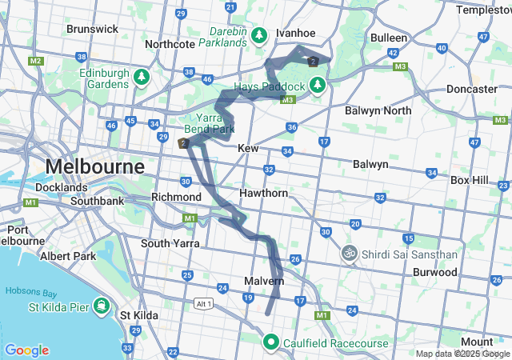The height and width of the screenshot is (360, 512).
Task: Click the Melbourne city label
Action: [94, 166]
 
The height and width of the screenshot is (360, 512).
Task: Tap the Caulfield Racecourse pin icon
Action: [271, 343]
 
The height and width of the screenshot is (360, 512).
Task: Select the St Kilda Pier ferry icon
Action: [102, 306]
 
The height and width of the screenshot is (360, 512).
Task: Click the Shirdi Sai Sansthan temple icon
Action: [349, 254]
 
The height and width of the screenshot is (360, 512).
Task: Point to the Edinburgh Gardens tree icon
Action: [142, 77]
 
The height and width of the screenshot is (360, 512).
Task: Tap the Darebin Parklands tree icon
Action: [258, 35]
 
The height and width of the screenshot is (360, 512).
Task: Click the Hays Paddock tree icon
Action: [318, 84]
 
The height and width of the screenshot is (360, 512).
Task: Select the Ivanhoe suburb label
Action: [296, 33]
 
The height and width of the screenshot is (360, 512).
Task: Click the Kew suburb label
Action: [247, 148]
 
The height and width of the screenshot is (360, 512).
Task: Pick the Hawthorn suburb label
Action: [263, 194]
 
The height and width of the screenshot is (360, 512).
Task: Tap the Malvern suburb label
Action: [264, 282]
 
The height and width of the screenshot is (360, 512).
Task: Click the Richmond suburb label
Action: [176, 196]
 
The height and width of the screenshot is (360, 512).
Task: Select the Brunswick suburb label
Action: [92, 29]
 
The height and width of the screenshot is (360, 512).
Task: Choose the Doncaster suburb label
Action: [472, 89]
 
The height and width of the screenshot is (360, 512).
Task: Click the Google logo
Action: [26, 350]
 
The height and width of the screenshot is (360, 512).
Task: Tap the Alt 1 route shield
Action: [204, 303]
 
